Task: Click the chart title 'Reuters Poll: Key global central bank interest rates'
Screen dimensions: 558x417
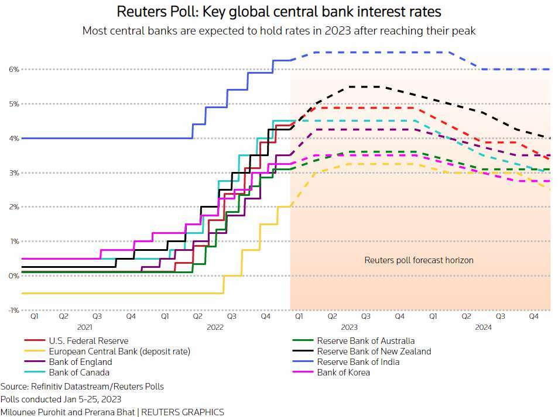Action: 279,12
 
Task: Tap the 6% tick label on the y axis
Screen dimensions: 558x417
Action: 14,70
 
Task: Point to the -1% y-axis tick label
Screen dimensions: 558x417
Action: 13,310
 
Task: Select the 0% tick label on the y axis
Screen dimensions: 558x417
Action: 14,276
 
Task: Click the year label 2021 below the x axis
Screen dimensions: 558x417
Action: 85,327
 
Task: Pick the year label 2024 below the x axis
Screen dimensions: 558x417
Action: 483,327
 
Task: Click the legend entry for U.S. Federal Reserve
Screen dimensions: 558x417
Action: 88,341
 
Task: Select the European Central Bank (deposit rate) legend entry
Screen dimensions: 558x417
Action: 119,351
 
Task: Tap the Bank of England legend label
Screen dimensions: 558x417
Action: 80,362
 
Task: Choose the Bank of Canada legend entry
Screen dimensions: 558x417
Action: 79,373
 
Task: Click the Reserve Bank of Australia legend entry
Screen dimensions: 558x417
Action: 366,341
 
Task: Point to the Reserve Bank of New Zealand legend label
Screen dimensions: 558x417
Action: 374,351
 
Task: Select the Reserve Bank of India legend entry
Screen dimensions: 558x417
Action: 358,362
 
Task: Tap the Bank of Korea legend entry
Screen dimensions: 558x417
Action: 344,373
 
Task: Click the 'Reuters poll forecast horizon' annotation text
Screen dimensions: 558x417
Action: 419,260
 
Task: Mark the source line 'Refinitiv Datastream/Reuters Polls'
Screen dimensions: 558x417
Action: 97,387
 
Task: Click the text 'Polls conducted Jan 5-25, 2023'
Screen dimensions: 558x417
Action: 61,399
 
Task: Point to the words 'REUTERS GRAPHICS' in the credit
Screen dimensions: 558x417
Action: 183,412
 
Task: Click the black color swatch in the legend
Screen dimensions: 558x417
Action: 303,351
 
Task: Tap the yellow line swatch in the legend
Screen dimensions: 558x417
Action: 35,351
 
